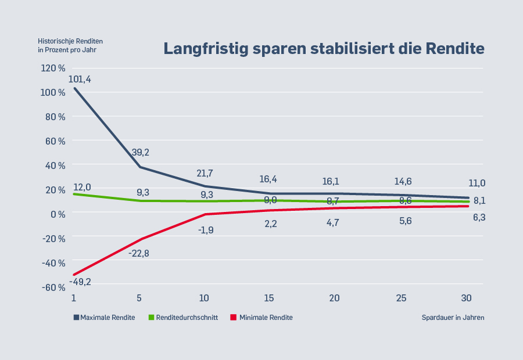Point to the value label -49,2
pos(80,282)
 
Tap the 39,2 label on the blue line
pos(140,152)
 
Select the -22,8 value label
pos(139,253)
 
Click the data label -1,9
pos(205,229)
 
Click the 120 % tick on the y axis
pos(53,68)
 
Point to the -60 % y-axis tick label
pos(53,287)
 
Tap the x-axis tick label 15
pos(269,298)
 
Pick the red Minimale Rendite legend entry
pos(261,318)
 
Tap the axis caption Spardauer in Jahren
pos(453,318)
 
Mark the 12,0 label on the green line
pos(82,187)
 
